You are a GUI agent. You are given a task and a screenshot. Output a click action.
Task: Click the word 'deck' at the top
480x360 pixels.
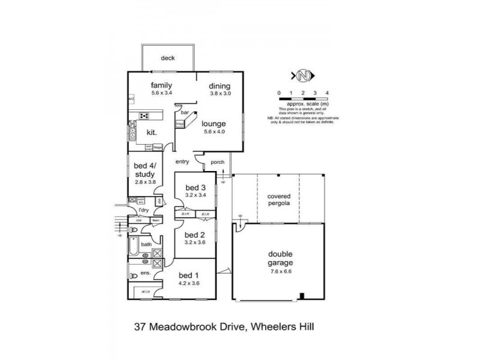click(x=167, y=58)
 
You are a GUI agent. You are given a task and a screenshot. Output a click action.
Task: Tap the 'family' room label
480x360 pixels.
click(x=162, y=85)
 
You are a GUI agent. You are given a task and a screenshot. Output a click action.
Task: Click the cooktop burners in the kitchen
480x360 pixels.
click(x=144, y=116)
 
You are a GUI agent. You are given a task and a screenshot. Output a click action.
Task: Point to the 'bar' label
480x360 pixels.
click(x=185, y=112)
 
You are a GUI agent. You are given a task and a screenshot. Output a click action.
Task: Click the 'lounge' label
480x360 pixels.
click(x=214, y=124)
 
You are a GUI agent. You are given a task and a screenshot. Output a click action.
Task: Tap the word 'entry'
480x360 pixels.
click(x=182, y=161)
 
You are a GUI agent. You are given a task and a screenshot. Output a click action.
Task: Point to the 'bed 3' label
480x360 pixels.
click(x=196, y=187)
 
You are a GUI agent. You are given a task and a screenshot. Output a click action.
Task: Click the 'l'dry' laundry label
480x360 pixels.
click(x=143, y=210)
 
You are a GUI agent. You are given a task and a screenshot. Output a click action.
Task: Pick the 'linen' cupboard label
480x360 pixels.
click(x=155, y=220)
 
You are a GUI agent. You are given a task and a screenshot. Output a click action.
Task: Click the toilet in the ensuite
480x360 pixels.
click(x=133, y=276)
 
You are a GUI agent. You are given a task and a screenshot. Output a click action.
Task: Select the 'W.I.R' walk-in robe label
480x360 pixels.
click(x=146, y=292)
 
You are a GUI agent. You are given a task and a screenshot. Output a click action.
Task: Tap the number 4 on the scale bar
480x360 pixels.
click(x=326, y=92)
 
